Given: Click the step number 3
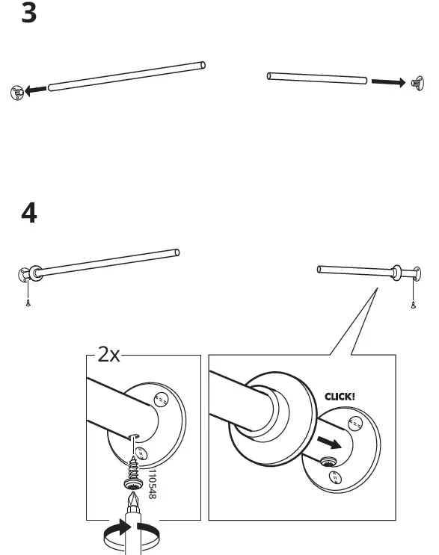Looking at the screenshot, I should tap(28, 14).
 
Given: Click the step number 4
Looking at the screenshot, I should tap(28, 213).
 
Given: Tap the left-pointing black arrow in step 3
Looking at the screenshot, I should tap(34, 91).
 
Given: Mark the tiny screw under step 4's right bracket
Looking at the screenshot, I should tap(412, 303).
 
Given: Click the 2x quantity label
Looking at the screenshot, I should tap(108, 355).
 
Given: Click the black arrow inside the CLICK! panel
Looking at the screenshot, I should tap(330, 442).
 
